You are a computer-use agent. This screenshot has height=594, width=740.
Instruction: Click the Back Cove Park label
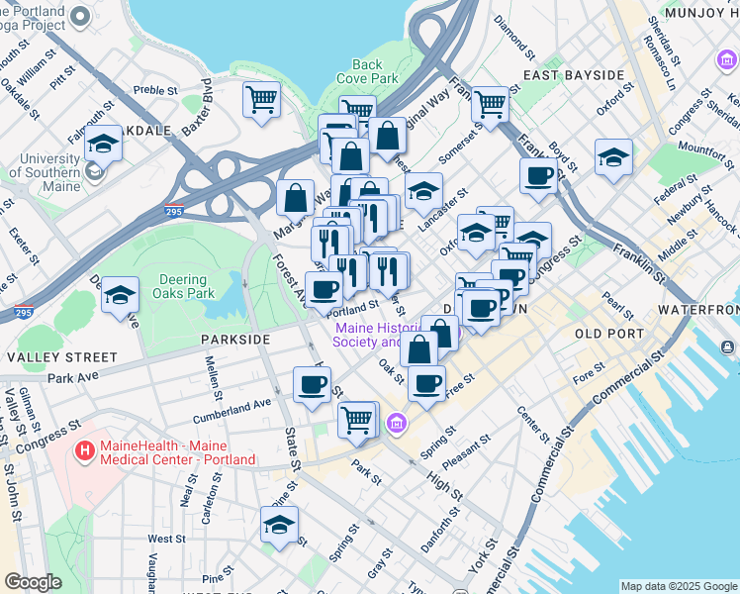pos(366,71)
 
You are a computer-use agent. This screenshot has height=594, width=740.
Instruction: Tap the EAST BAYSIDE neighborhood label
pos(574,75)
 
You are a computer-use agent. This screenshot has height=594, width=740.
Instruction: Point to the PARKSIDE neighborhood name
pos(235,339)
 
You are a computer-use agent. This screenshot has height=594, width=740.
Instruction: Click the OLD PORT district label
pos(608,334)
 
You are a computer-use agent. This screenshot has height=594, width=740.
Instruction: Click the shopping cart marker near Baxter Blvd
pos(261,99)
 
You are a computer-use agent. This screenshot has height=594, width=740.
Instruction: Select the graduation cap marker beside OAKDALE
pos(102,146)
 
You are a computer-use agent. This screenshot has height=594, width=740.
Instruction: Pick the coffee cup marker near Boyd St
pos(538,176)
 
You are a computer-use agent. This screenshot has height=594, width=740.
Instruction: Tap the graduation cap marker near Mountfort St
pos(613,156)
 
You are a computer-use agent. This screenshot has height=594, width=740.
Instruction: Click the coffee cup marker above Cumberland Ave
pos(313,384)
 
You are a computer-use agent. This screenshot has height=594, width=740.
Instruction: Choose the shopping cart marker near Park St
pos(357,419)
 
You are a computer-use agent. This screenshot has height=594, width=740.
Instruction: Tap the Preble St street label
pos(154,89)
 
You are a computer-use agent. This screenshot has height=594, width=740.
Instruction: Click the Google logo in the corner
pos(33,582)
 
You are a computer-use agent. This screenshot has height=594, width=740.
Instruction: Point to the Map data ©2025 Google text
pos(678,586)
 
